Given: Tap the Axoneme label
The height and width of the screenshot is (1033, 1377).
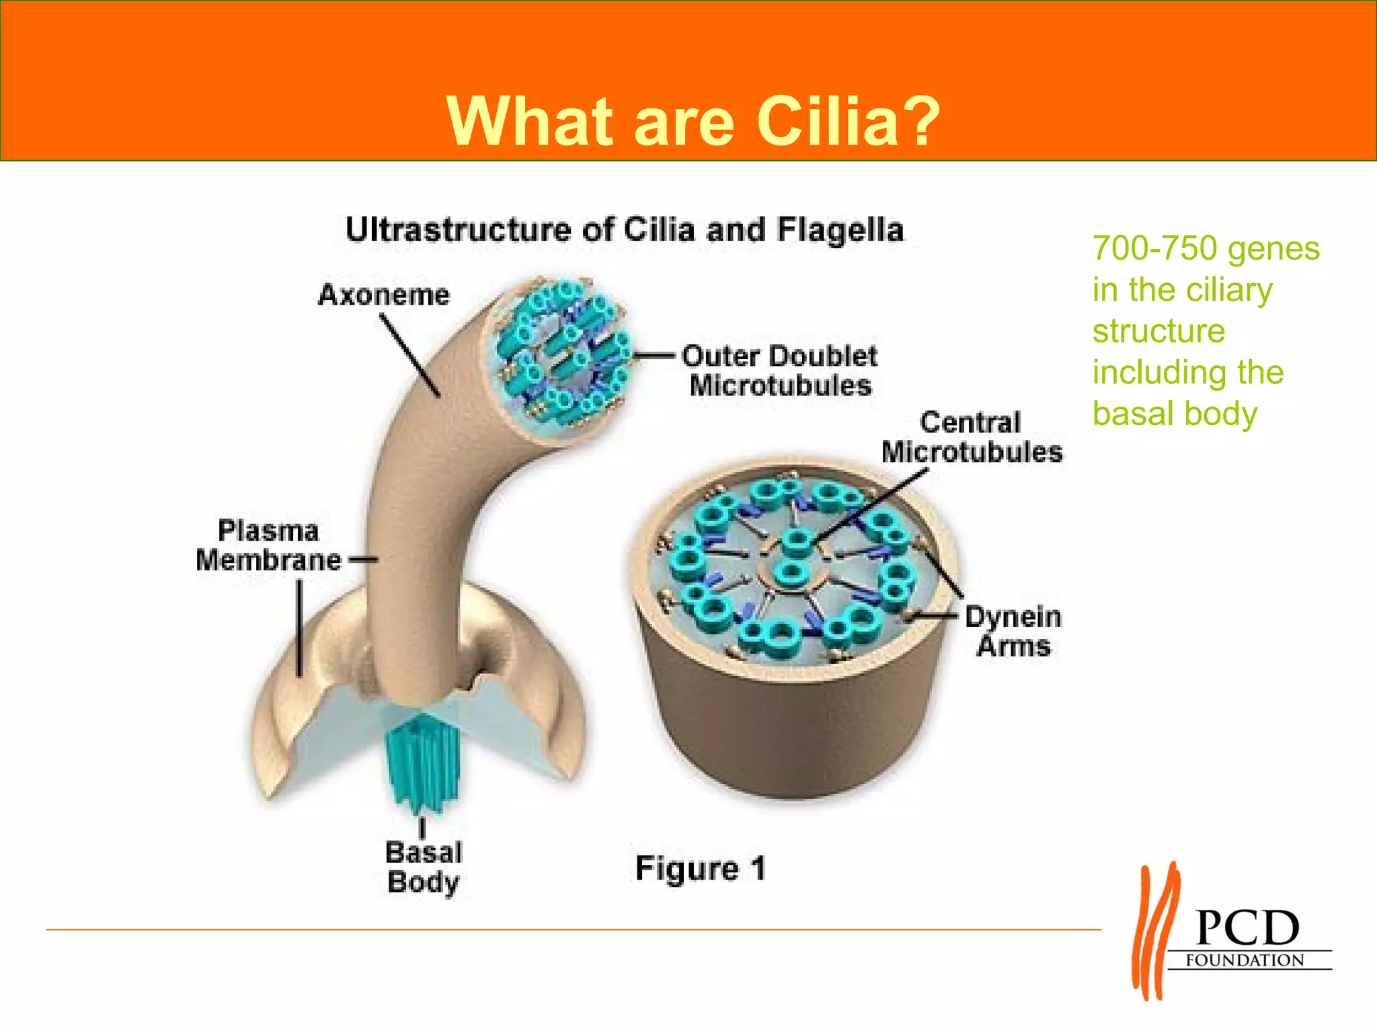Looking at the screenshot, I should pyautogui.click(x=384, y=295).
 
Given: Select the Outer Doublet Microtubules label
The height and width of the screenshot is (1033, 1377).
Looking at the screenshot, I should pyautogui.click(x=780, y=371).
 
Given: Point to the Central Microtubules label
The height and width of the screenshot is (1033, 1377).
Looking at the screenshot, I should pyautogui.click(x=972, y=437).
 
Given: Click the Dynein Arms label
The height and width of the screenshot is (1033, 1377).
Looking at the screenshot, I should pyautogui.click(x=1013, y=631).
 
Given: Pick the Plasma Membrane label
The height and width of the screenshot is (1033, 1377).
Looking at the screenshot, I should pyautogui.click(x=268, y=545).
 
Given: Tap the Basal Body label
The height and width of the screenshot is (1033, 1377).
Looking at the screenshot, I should pyautogui.click(x=424, y=868).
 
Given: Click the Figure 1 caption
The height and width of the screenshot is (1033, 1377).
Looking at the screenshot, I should pyautogui.click(x=700, y=868).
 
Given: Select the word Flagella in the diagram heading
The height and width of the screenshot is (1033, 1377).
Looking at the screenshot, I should pyautogui.click(x=840, y=230).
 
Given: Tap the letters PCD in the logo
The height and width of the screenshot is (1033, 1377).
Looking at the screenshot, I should pyautogui.click(x=1247, y=928).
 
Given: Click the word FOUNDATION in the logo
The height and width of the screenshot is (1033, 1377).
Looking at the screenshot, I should pyautogui.click(x=1245, y=960).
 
